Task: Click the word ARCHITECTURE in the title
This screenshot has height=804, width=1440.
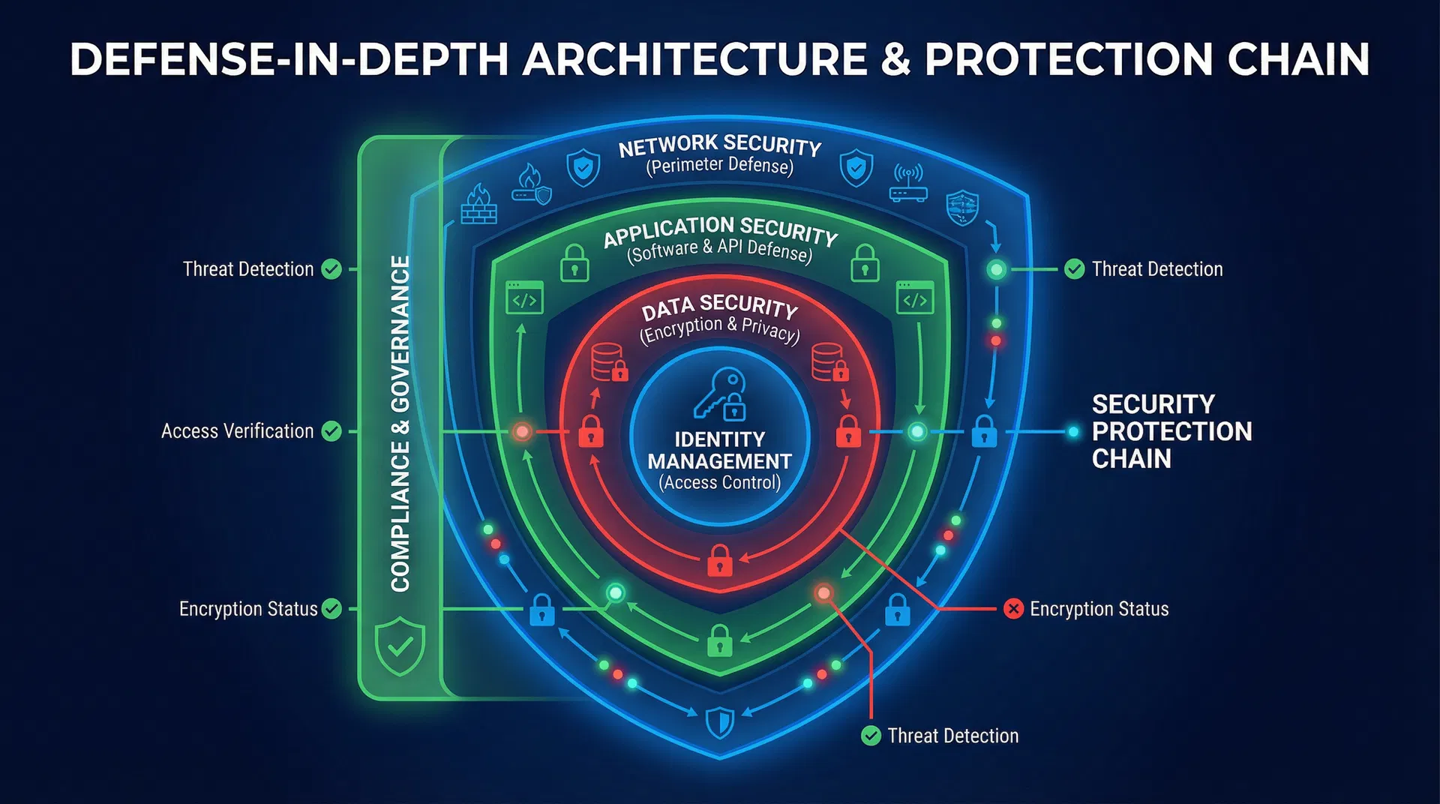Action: [694, 59]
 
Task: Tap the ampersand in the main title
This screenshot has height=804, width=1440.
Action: [895, 59]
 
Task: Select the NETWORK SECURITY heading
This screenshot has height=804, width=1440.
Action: [720, 145]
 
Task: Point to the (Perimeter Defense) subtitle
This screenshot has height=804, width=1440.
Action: [720, 165]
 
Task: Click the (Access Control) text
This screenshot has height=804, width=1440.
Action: [720, 482]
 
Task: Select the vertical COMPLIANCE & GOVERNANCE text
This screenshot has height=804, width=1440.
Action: [400, 424]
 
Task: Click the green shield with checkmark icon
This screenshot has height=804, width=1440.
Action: [400, 645]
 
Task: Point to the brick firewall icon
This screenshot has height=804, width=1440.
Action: [478, 204]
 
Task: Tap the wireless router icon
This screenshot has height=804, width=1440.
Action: [908, 184]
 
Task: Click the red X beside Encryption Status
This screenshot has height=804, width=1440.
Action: [1013, 608]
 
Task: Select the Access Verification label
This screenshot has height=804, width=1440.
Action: [237, 431]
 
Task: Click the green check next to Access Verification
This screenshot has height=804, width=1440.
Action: [331, 431]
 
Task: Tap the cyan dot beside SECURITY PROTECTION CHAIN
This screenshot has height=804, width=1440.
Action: [1073, 431]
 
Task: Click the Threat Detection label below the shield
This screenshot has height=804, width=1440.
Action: [952, 736]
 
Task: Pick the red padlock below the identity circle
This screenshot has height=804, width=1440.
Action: [720, 559]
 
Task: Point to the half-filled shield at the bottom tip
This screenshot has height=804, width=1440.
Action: [720, 722]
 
